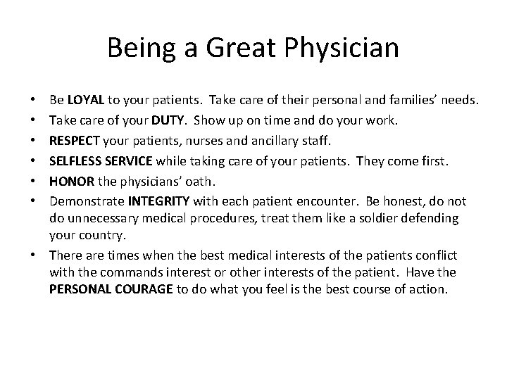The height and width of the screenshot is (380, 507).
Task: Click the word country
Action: (x=103, y=236)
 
